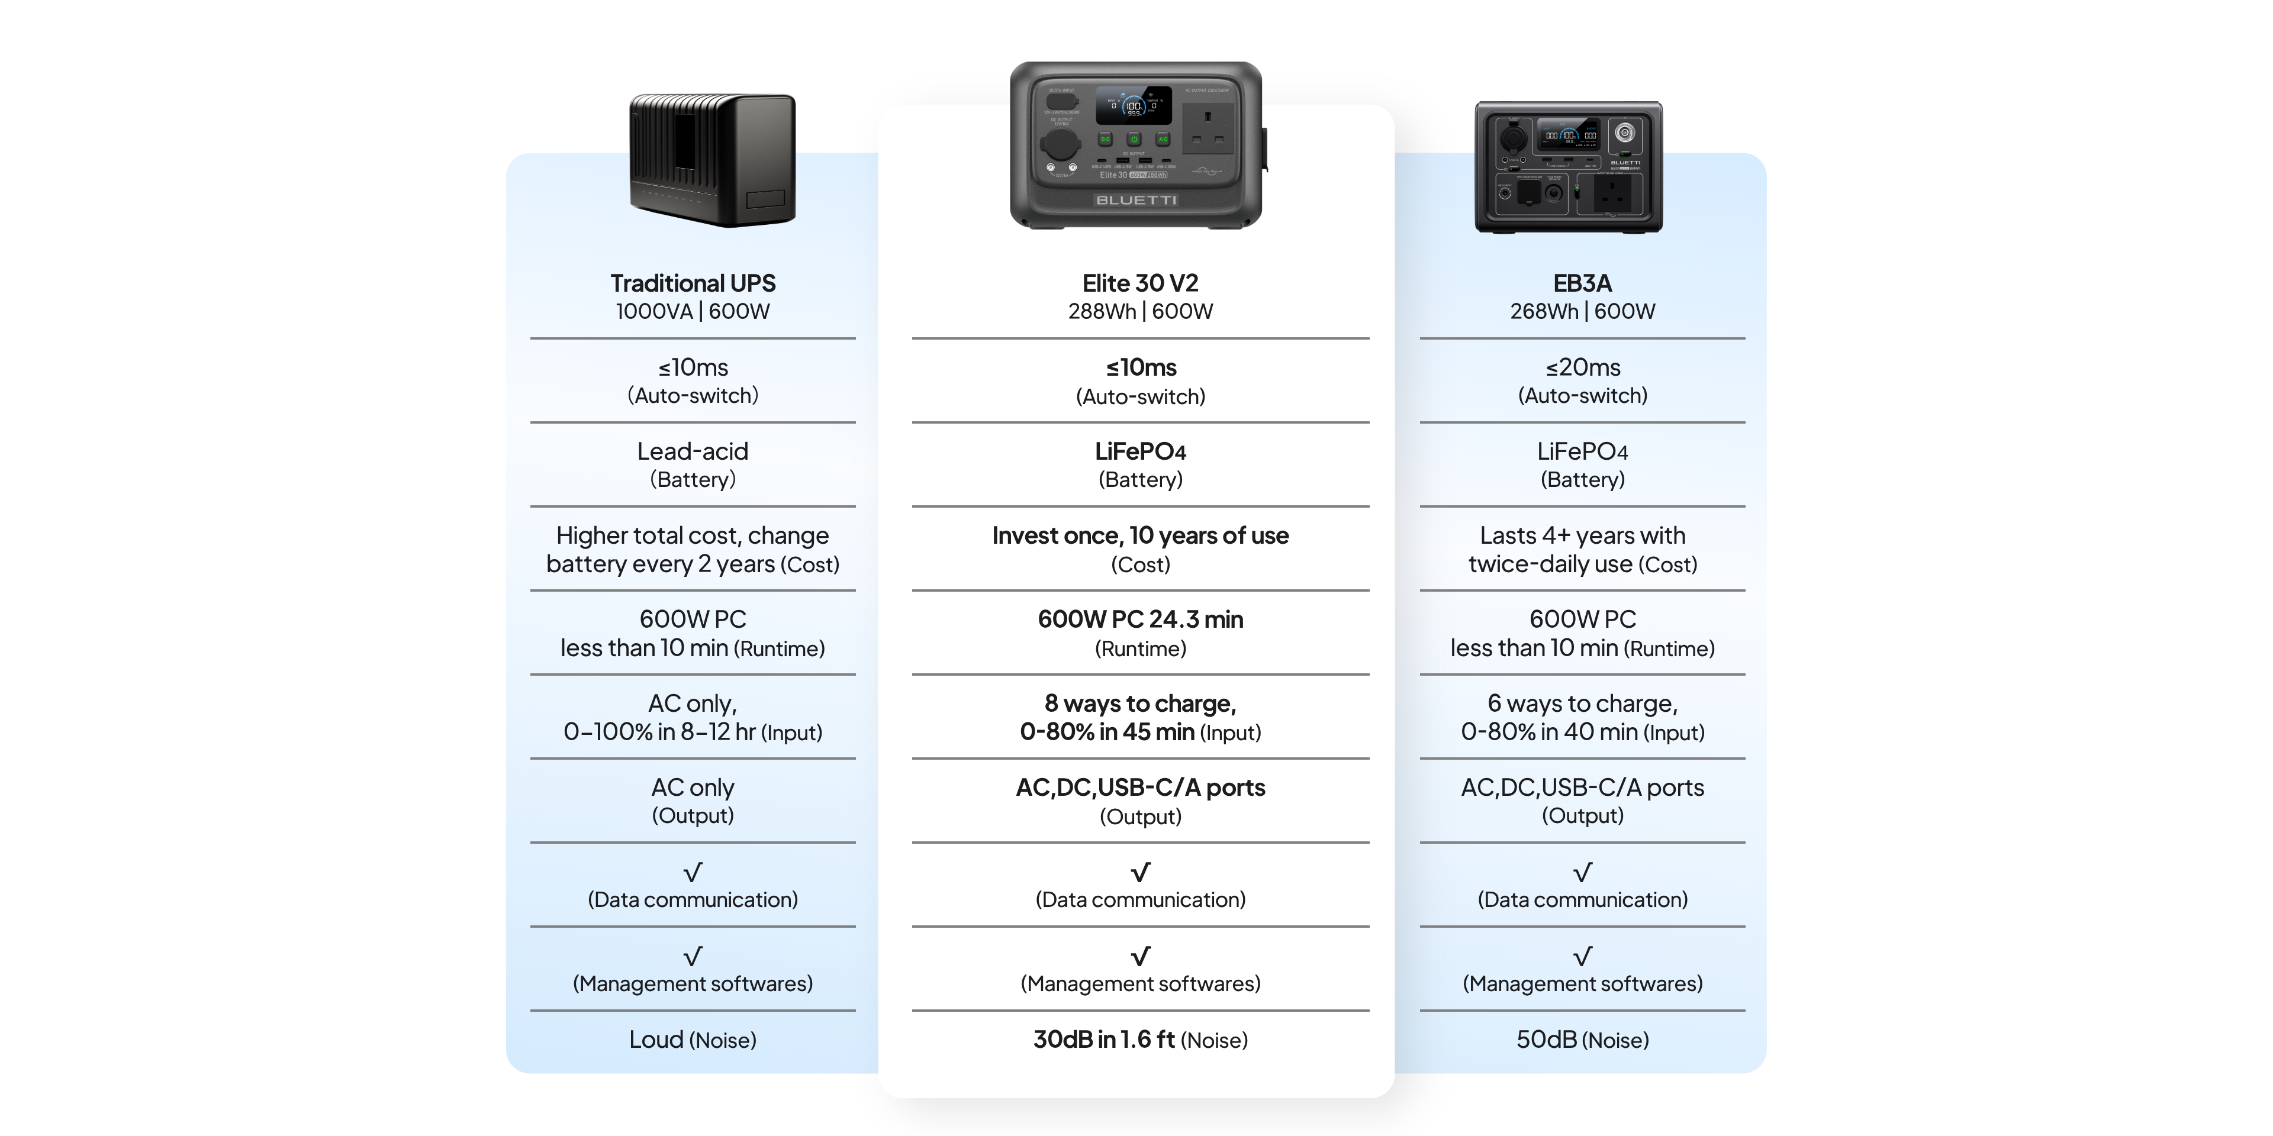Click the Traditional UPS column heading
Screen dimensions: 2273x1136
click(693, 283)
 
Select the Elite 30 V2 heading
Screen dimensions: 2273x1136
click(1140, 283)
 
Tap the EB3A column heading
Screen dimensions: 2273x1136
click(1582, 283)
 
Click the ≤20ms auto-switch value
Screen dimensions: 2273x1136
click(1582, 367)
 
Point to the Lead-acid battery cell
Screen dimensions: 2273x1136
click(693, 465)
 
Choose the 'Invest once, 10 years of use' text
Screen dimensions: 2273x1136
click(1140, 535)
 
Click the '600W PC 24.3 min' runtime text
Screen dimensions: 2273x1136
click(1140, 619)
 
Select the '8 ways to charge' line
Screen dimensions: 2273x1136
click(1140, 703)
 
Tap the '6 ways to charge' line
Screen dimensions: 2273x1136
click(1582, 703)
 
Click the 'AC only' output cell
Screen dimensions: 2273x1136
click(693, 801)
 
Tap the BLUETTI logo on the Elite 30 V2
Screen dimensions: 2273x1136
click(1136, 200)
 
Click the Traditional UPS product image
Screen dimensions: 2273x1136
click(712, 160)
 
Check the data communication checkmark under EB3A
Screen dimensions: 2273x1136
click(1582, 872)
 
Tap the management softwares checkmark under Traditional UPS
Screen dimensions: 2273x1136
click(693, 956)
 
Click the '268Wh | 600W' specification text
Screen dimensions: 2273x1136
click(1582, 311)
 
